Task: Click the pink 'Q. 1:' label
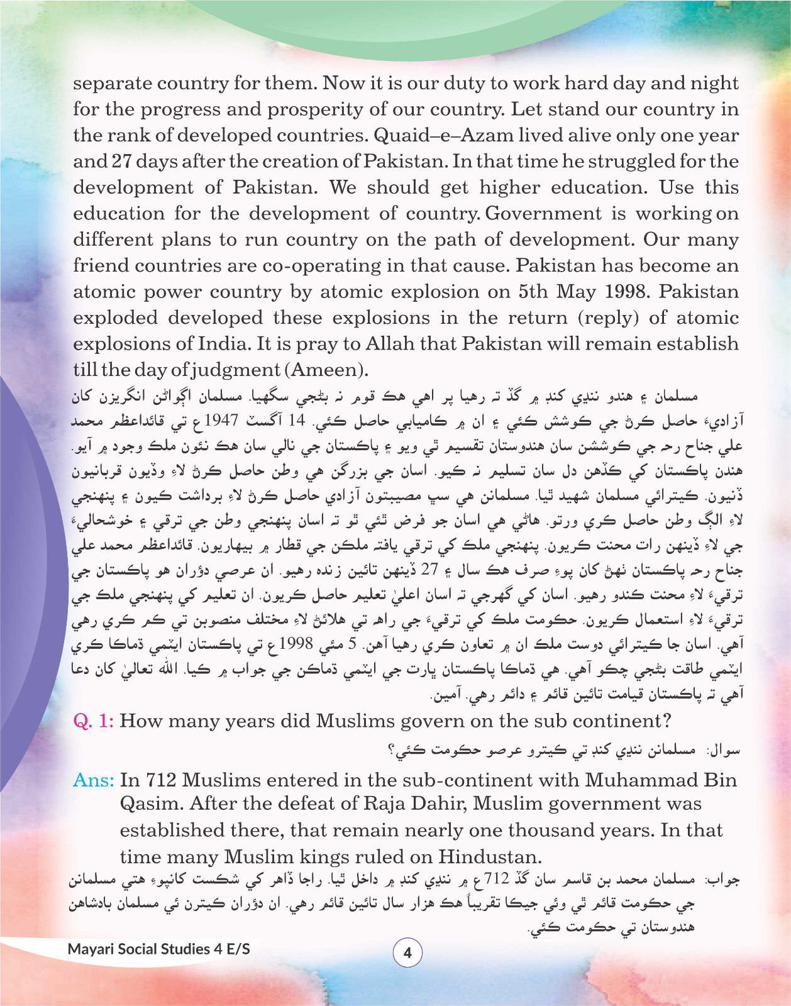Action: click(94, 721)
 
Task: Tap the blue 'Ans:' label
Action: click(94, 780)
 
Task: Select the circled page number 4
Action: click(407, 953)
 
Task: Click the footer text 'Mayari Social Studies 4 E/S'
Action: click(158, 949)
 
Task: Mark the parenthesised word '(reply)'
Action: click(608, 318)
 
